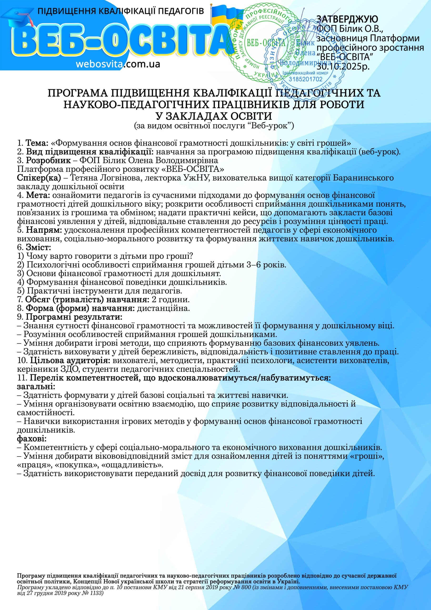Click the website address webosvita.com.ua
coord(118,64)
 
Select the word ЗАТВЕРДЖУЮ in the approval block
coord(347,19)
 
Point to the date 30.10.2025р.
coord(343,66)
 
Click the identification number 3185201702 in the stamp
coord(306,79)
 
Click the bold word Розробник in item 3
coord(48,160)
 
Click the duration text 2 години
coord(170,300)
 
